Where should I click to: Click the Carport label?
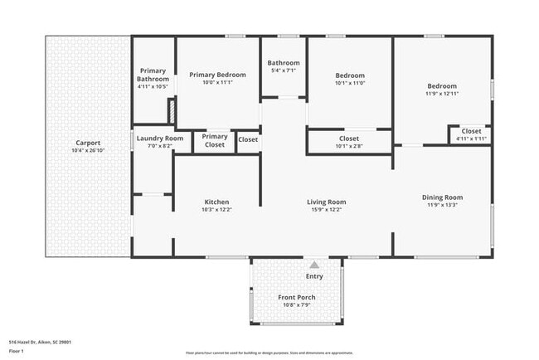[88, 143]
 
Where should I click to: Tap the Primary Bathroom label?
[153, 75]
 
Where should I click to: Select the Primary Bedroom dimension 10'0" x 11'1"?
[217, 82]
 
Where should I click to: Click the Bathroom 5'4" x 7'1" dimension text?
[284, 71]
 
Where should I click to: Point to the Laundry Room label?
[159, 138]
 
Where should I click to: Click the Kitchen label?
[216, 202]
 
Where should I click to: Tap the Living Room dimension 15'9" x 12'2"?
[326, 209]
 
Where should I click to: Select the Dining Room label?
[442, 197]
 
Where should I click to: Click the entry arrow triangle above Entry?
[314, 265]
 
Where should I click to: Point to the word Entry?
[314, 276]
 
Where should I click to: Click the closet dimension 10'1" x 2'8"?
[349, 146]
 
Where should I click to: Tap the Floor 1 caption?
[17, 351]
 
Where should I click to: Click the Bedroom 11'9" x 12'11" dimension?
[442, 93]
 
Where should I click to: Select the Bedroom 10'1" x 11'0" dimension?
[349, 82]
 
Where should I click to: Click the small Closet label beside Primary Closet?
[248, 139]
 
